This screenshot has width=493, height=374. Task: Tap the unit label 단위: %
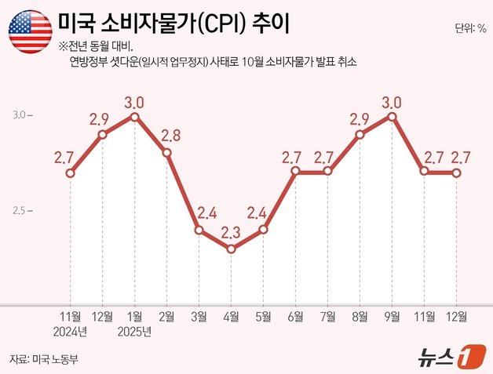click(x=469, y=29)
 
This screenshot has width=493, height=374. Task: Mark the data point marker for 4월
click(x=231, y=249)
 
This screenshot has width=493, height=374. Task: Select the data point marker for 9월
click(x=392, y=116)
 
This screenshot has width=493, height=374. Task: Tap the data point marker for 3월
click(x=199, y=231)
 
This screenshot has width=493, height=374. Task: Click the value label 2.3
click(x=231, y=233)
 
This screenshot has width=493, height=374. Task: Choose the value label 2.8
click(x=170, y=134)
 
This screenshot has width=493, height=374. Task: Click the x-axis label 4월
click(x=231, y=317)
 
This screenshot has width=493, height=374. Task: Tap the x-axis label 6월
click(x=295, y=317)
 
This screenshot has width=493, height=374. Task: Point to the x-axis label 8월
click(x=360, y=317)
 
